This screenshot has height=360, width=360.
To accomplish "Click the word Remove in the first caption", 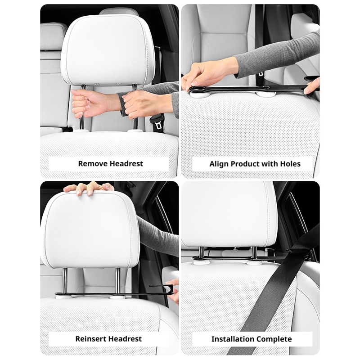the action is [x=93, y=164].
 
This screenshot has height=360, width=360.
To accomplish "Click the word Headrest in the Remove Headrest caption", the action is [x=126, y=164].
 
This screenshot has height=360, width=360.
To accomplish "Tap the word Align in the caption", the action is [x=219, y=164].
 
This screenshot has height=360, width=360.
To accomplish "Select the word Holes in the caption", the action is [x=290, y=164].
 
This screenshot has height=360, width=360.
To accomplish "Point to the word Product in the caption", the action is [x=245, y=164].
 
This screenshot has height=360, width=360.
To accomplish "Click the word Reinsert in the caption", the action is [x=91, y=339].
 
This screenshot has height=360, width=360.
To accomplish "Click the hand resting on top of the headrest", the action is [x=88, y=188].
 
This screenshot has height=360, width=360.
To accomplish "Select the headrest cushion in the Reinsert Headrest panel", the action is [x=90, y=229].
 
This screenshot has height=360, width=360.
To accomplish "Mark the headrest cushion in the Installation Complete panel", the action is [x=229, y=215].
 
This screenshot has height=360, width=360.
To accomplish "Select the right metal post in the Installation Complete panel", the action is [x=254, y=254].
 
